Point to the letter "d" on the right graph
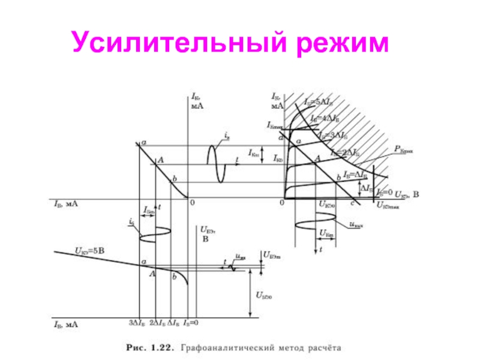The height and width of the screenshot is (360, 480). (x=281, y=138)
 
